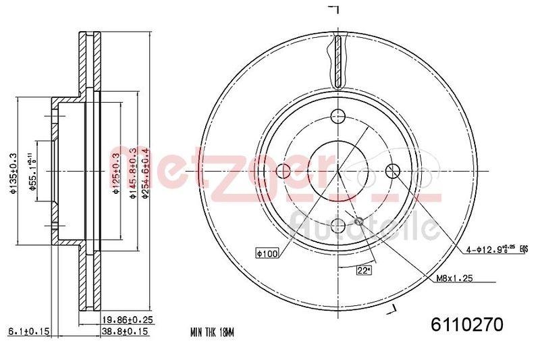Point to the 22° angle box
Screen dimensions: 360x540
[x=364, y=271]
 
